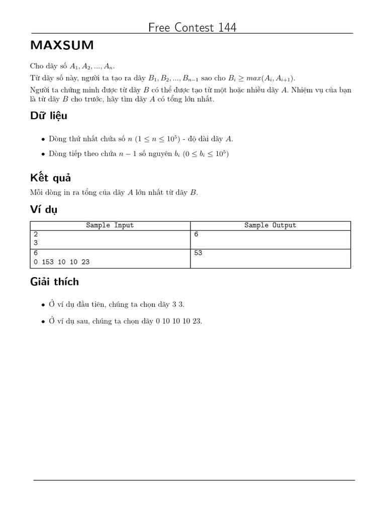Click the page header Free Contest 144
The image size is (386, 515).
192,27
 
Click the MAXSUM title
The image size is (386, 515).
62,46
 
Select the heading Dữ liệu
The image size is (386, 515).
49,116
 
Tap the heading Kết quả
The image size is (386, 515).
50,178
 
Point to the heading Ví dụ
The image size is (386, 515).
44,210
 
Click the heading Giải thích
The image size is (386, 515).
54,282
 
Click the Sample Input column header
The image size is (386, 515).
110,225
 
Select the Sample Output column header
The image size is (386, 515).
270,225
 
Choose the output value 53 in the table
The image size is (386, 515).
198,253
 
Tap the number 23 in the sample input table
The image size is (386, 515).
85,262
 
